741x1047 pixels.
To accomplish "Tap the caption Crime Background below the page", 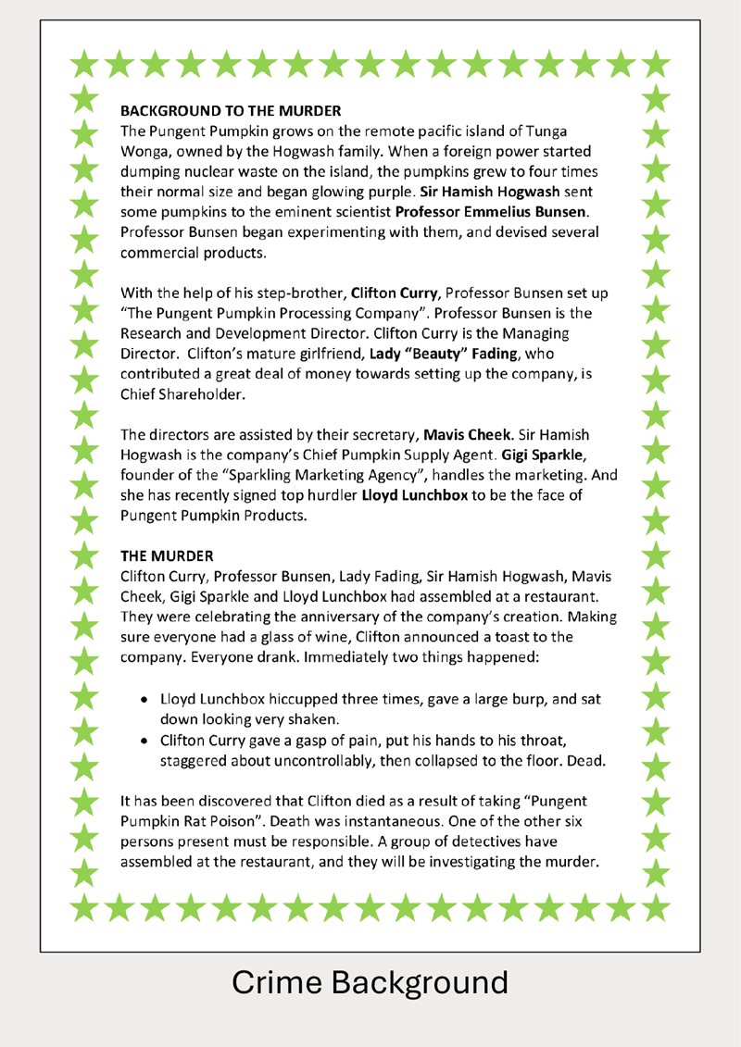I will pos(370,982).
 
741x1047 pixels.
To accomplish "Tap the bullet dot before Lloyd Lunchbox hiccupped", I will pos(145,699).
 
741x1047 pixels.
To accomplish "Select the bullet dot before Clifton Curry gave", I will pos(145,741).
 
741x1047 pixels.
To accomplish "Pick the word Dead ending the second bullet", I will pos(584,761).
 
